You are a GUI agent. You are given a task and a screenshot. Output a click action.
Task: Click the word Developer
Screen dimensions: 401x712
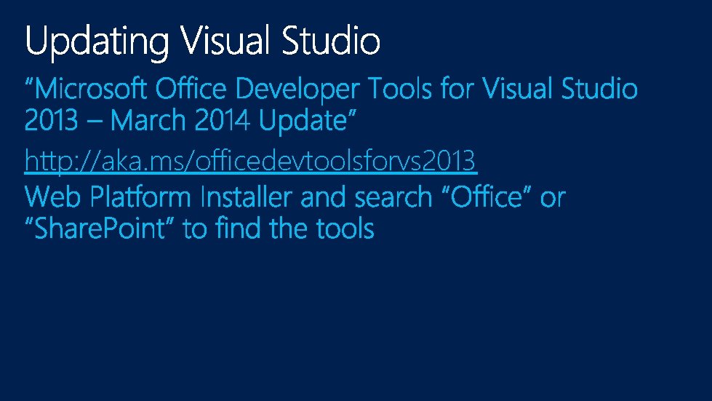[x=297, y=90]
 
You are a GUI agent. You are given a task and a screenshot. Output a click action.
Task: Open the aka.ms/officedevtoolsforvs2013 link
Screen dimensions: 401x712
[x=250, y=160]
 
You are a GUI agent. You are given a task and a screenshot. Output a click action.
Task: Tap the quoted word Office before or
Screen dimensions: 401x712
[x=487, y=197]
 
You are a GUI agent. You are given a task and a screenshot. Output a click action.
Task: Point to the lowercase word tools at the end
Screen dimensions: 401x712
[x=345, y=229]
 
